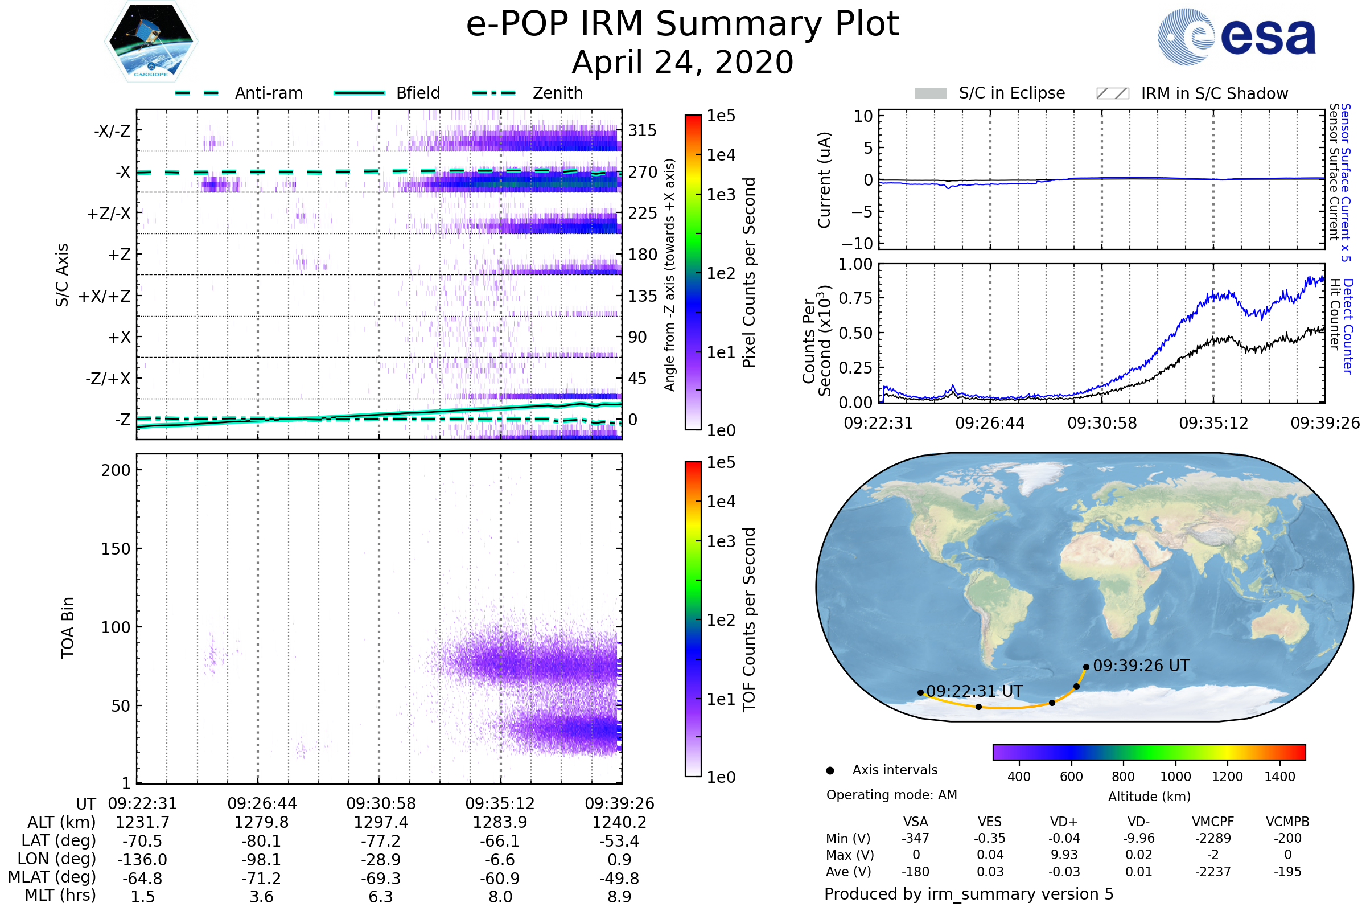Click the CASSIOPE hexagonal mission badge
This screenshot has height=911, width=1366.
pyautogui.click(x=151, y=41)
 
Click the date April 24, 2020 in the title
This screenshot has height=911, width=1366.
pyautogui.click(x=682, y=63)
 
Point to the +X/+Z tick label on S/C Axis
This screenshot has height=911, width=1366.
pyautogui.click(x=105, y=296)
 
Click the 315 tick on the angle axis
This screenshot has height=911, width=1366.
pyautogui.click(x=643, y=130)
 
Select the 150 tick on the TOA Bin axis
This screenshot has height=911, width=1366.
pyautogui.click(x=116, y=549)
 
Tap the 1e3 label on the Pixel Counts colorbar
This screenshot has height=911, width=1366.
pyautogui.click(x=721, y=195)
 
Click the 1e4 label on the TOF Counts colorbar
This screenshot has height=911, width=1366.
pyautogui.click(x=721, y=502)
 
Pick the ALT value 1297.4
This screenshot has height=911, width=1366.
pyautogui.click(x=381, y=822)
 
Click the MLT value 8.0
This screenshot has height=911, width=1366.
pyautogui.click(x=500, y=896)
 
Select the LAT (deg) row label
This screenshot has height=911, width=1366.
pyautogui.click(x=59, y=841)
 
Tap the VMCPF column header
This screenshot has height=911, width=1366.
pyautogui.click(x=1213, y=822)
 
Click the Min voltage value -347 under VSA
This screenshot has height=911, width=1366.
pyautogui.click(x=915, y=838)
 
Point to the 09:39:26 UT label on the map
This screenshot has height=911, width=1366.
pyautogui.click(x=1141, y=666)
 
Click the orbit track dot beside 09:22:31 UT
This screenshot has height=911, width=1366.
pyautogui.click(x=920, y=692)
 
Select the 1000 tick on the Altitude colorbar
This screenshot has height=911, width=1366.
pyautogui.click(x=1175, y=777)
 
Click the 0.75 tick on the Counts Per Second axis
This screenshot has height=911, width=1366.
pyautogui.click(x=857, y=298)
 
